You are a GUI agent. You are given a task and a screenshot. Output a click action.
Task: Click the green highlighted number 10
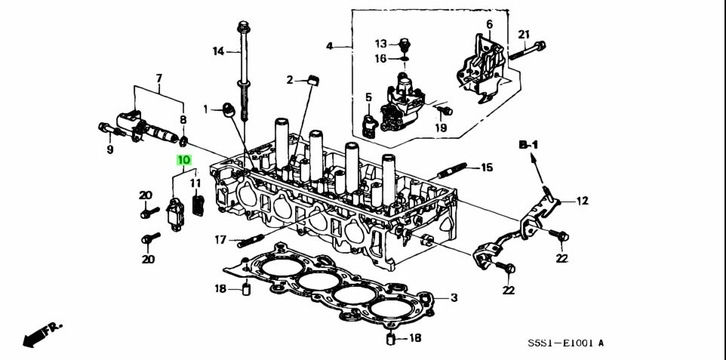pyautogui.click(x=184, y=160)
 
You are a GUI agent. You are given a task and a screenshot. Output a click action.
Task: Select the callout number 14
pyautogui.click(x=218, y=51)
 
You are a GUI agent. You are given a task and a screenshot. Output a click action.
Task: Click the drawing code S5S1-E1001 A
pyautogui.click(x=565, y=343)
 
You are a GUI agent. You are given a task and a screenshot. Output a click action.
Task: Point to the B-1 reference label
pyautogui.click(x=529, y=143)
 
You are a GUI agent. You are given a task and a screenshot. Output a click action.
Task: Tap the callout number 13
pyautogui.click(x=381, y=43)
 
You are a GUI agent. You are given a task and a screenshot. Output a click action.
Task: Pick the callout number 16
pyautogui.click(x=381, y=58)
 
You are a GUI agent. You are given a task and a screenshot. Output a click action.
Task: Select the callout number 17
pyautogui.click(x=220, y=240)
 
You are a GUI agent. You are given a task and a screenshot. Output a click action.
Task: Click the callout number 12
pyautogui.click(x=582, y=201)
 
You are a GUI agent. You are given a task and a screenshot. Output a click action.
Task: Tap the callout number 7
pyautogui.click(x=159, y=78)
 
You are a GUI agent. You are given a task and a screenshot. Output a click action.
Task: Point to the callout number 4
pyautogui.click(x=329, y=47)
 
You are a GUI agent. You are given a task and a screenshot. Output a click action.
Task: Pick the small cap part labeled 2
pyautogui.click(x=311, y=78)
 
